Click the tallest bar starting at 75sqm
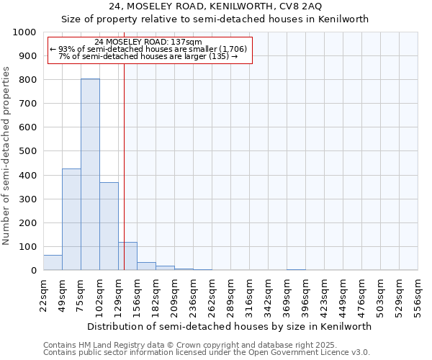[x=90, y=174]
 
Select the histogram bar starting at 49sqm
[x=71, y=220]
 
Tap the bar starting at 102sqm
[x=109, y=226]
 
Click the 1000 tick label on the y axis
[x=24, y=32]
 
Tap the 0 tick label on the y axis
[x=33, y=271]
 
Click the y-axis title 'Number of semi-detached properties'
[x=6, y=155]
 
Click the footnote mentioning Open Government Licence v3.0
[x=207, y=353]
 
